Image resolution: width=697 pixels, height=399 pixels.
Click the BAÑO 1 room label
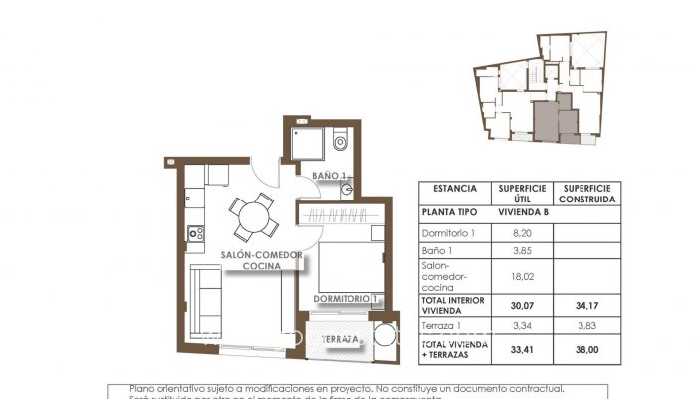pyautogui.click(x=328, y=176)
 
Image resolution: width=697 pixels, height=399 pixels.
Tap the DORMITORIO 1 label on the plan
pyautogui.click(x=346, y=298)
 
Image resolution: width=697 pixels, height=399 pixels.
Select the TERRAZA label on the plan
pyautogui.click(x=340, y=340)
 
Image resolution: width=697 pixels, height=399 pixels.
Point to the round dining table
pyautogui.click(x=253, y=213)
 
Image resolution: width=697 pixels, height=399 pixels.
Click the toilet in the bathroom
pyautogui.click(x=340, y=142)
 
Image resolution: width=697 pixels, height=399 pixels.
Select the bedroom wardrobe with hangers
pyautogui.click(x=340, y=217)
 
